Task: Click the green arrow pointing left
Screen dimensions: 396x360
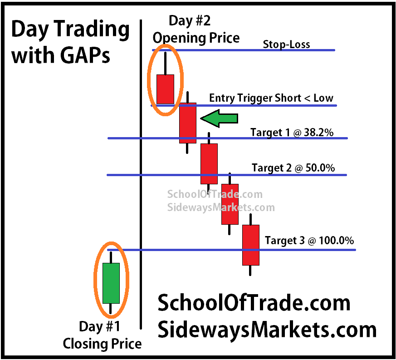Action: [x=219, y=118]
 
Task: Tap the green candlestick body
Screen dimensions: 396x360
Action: [x=111, y=283]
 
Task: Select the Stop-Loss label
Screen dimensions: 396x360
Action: [x=286, y=44]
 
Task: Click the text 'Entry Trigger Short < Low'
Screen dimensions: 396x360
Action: [x=271, y=98]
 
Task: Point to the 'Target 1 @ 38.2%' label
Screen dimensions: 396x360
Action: [x=292, y=133]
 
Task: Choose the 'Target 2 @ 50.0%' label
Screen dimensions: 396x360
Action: [x=293, y=168]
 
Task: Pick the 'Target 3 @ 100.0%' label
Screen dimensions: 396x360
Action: [x=309, y=241]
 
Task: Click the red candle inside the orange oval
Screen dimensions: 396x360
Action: [x=165, y=89]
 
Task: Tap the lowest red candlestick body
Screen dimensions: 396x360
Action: [x=251, y=245]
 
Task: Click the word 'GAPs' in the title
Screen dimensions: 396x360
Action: [x=85, y=55]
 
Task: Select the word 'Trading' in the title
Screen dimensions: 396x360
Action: [x=92, y=30]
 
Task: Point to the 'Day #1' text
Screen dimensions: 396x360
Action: [x=99, y=326]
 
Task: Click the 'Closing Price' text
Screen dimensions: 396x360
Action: [x=102, y=344]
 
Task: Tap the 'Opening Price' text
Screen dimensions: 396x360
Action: [x=196, y=39]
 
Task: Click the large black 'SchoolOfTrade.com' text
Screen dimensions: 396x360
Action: [x=254, y=303]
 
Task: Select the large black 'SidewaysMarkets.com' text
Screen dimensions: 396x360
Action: [x=267, y=330]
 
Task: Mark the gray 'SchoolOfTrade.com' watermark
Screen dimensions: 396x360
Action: [x=215, y=194]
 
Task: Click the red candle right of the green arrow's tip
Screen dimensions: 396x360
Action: [x=188, y=123]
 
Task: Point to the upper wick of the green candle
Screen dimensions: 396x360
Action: [x=111, y=257]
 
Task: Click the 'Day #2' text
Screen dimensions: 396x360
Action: [x=190, y=21]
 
